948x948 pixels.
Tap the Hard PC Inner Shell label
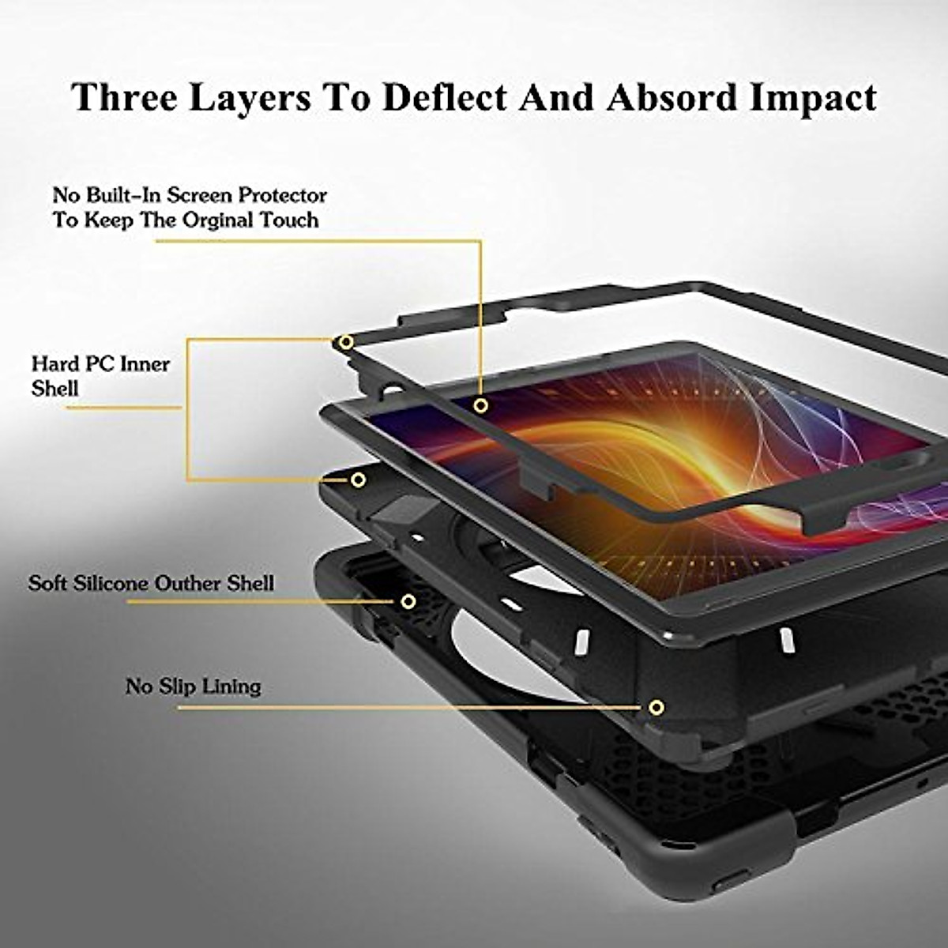[x=100, y=375]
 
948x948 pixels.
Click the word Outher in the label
[x=188, y=583]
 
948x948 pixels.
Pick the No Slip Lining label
[x=193, y=686]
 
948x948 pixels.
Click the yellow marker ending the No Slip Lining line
[x=656, y=707]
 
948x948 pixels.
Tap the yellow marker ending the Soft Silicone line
[x=408, y=601]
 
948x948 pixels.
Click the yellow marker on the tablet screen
[x=480, y=405]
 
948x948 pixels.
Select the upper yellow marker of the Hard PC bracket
[x=346, y=342]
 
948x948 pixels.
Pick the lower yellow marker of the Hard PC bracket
[x=358, y=480]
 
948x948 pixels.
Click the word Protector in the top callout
[x=284, y=194]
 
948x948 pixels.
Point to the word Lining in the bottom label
[x=231, y=686]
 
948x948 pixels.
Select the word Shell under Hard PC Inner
[x=55, y=388]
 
